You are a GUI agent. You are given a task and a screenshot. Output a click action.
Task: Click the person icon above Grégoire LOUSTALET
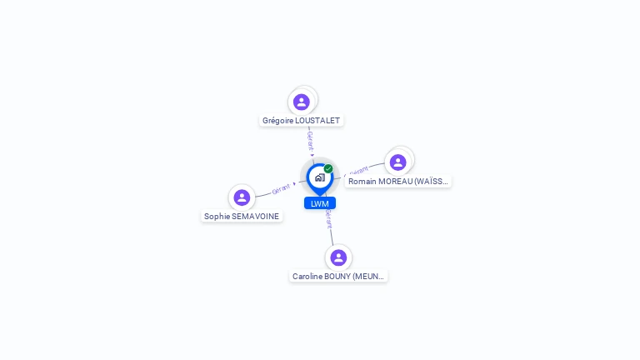coord(302,102)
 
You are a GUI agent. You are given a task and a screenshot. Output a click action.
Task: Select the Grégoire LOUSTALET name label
coord(301,121)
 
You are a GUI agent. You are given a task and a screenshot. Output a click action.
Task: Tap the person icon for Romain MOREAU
coord(398,162)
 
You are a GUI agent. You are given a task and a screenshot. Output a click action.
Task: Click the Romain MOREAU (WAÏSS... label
coord(398,182)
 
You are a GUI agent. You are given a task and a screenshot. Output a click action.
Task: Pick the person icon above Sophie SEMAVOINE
coord(242,197)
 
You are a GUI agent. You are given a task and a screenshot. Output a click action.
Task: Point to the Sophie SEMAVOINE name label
coord(242,217)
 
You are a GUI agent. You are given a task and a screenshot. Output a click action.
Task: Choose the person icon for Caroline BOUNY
coord(337,257)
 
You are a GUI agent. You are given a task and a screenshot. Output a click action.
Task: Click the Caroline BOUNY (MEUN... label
coord(338,277)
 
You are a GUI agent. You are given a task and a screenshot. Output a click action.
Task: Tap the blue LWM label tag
coord(320,203)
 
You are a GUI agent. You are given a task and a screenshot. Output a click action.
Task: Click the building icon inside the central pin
coord(319,177)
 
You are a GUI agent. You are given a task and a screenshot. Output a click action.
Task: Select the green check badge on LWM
coord(328,168)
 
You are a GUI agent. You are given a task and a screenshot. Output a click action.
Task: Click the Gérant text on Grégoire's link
coord(310,140)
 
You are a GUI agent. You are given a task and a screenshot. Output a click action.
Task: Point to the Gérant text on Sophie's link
coord(281,189)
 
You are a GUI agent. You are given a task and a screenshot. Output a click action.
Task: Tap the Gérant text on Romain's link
coord(358,170)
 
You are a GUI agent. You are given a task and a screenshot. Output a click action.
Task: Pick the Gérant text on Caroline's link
coord(329,219)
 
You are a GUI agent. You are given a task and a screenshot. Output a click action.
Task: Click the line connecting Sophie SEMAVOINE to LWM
coord(265,194)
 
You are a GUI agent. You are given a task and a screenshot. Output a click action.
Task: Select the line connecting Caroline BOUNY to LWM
coord(332,235)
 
